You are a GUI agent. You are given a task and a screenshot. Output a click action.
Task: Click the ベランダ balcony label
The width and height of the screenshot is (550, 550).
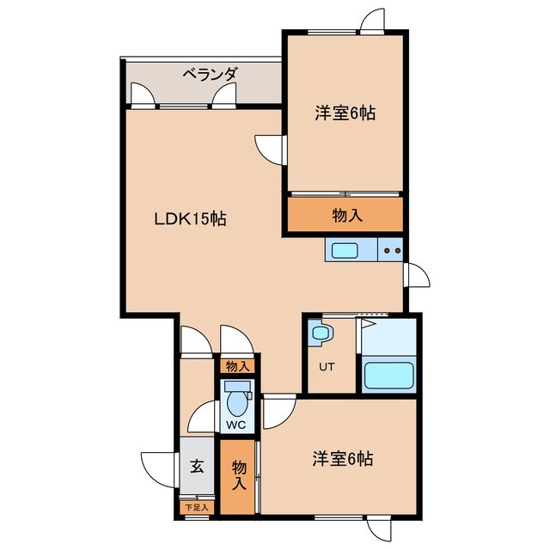pos(209,76)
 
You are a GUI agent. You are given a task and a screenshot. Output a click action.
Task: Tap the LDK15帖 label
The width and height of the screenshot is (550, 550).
pos(190,218)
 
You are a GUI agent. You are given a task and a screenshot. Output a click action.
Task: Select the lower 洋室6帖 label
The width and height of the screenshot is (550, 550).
pos(342,459)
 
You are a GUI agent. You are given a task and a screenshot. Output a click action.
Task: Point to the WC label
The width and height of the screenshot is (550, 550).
pos(235,425)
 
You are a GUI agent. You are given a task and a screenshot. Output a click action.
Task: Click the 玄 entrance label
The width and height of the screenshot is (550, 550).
pos(197,467)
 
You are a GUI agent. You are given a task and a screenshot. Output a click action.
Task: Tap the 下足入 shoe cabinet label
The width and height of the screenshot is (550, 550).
pos(197,508)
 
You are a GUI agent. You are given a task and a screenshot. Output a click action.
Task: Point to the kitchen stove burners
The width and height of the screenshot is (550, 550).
pos(392,251)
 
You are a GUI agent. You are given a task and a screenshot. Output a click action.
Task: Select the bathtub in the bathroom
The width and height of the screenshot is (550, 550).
pos(388,376)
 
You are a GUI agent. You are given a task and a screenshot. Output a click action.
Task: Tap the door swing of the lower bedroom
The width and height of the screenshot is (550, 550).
pos(277,413)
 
